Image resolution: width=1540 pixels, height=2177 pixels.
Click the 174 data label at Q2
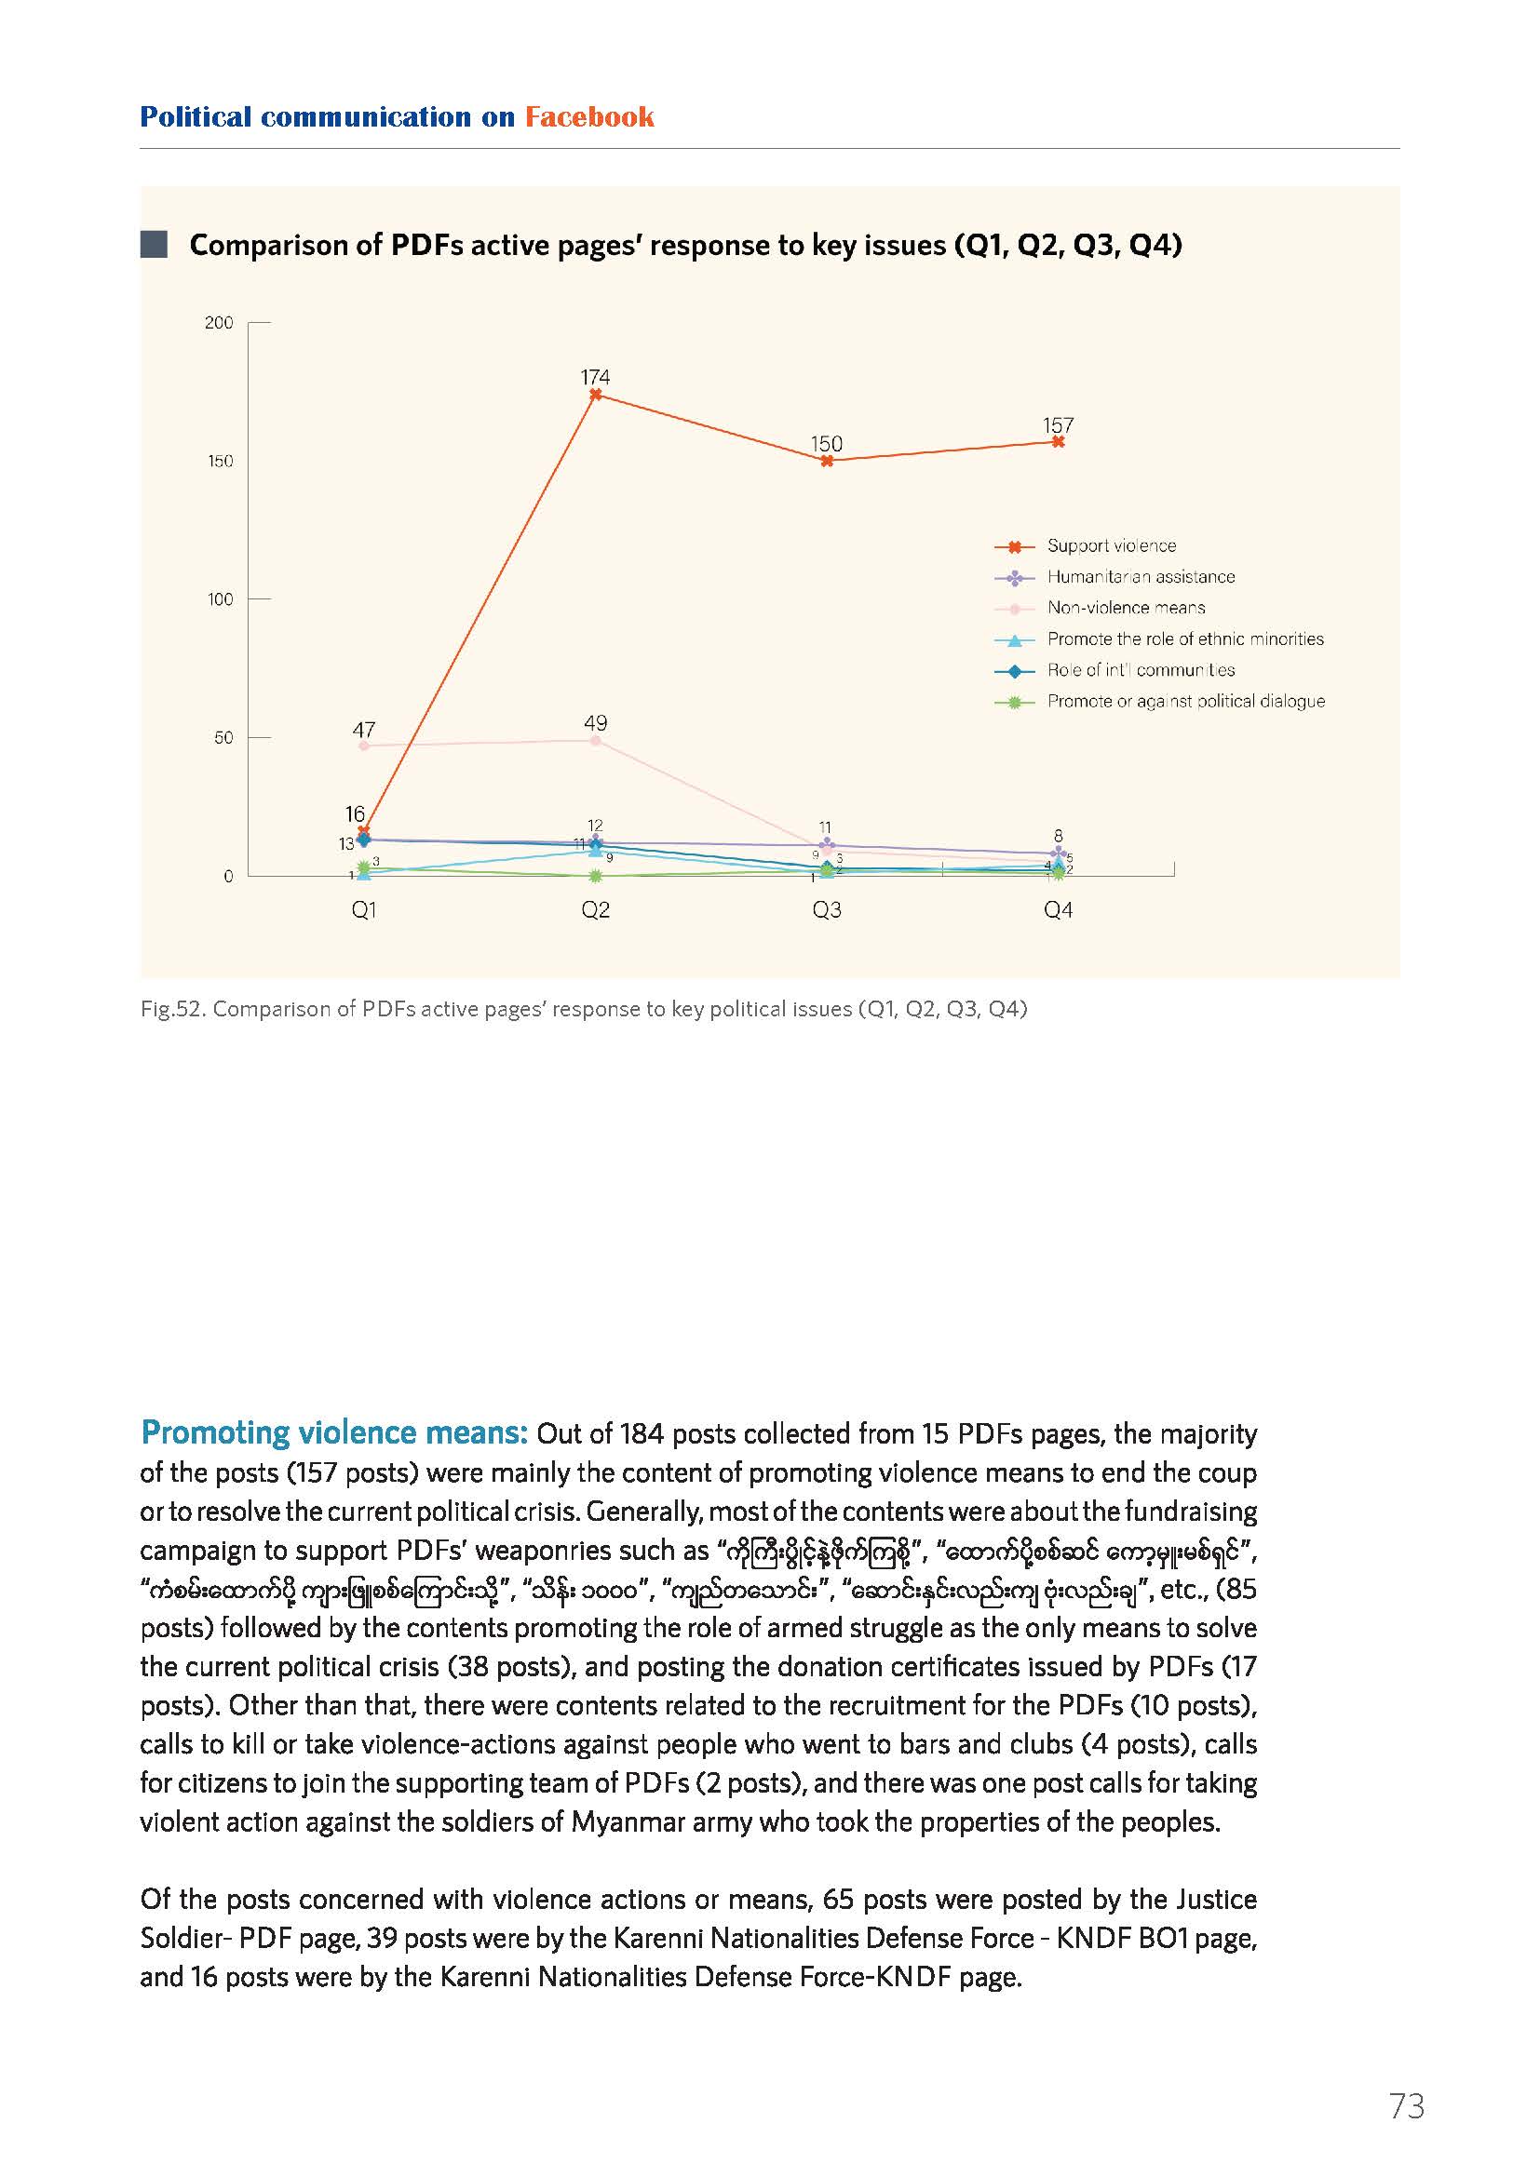[x=596, y=376]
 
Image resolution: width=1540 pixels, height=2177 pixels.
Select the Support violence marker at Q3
[x=827, y=461]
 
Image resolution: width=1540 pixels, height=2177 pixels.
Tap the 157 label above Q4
[x=1059, y=425]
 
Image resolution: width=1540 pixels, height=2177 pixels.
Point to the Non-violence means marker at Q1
[x=364, y=746]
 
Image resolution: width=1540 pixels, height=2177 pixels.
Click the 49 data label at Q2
[x=596, y=723]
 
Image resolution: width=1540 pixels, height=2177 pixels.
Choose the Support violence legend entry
[x=1086, y=546]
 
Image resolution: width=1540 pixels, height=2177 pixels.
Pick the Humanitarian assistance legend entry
[x=1115, y=577]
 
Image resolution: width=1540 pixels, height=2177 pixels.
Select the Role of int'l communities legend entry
[x=1115, y=670]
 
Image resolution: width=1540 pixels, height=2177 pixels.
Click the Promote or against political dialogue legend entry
[x=1160, y=702]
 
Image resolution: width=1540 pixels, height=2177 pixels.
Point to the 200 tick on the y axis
[x=219, y=323]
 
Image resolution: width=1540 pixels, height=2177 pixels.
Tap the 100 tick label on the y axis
[x=220, y=599]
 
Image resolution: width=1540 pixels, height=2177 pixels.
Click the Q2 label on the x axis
[x=596, y=910]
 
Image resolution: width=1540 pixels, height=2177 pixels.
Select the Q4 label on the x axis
[x=1059, y=910]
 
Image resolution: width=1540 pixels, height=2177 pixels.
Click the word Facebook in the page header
[x=589, y=116]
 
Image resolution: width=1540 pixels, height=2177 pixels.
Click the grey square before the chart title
[x=154, y=245]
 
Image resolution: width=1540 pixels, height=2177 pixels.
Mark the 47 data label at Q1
[x=364, y=729]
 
